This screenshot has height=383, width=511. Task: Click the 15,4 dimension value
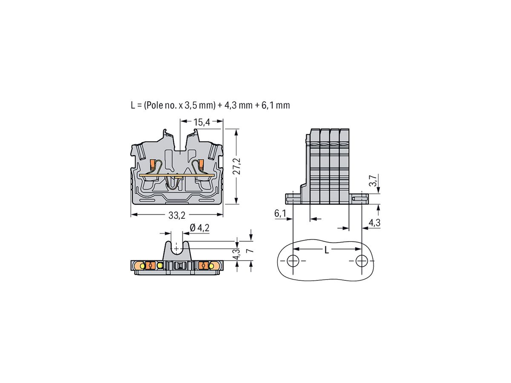click(202, 123)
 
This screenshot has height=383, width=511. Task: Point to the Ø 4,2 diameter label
click(199, 228)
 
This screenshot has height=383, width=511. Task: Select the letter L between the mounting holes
click(327, 250)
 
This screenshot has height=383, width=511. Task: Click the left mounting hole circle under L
click(293, 261)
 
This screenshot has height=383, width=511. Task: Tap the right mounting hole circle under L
click(362, 261)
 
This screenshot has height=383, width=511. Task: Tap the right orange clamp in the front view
click(201, 164)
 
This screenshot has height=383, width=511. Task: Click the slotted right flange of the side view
click(360, 198)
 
